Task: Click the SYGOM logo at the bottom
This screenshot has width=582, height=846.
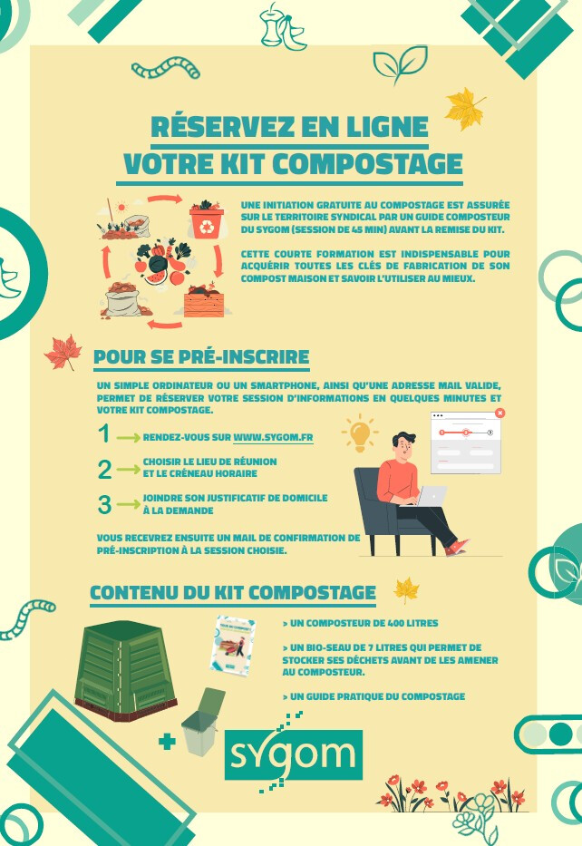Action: pos(293,754)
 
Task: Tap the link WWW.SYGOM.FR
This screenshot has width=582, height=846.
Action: pos(273,437)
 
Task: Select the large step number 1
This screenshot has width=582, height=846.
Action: pos(104,433)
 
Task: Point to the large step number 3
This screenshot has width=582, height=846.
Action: pos(104,505)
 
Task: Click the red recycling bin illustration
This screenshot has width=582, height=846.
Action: pos(206,219)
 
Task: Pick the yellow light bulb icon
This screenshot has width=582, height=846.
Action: pos(360,433)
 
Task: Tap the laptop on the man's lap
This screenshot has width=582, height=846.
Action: pos(429,496)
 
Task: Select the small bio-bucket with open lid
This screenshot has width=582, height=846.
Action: pos(203,722)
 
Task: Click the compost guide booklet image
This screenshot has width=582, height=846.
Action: pos(232,646)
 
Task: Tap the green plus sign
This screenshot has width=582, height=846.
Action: pos(167,741)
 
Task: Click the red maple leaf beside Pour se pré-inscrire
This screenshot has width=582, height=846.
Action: pos(63,353)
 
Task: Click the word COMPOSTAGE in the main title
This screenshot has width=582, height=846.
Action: pos(367,164)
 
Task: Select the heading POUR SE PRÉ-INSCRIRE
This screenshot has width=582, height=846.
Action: pos(201,357)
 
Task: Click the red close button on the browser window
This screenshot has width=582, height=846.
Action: pos(500,413)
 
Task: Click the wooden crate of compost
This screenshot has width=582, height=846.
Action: pos(204,302)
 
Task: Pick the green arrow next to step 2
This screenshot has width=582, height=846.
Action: pos(128,470)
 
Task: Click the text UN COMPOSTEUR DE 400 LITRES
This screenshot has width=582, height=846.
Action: pos(360,623)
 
